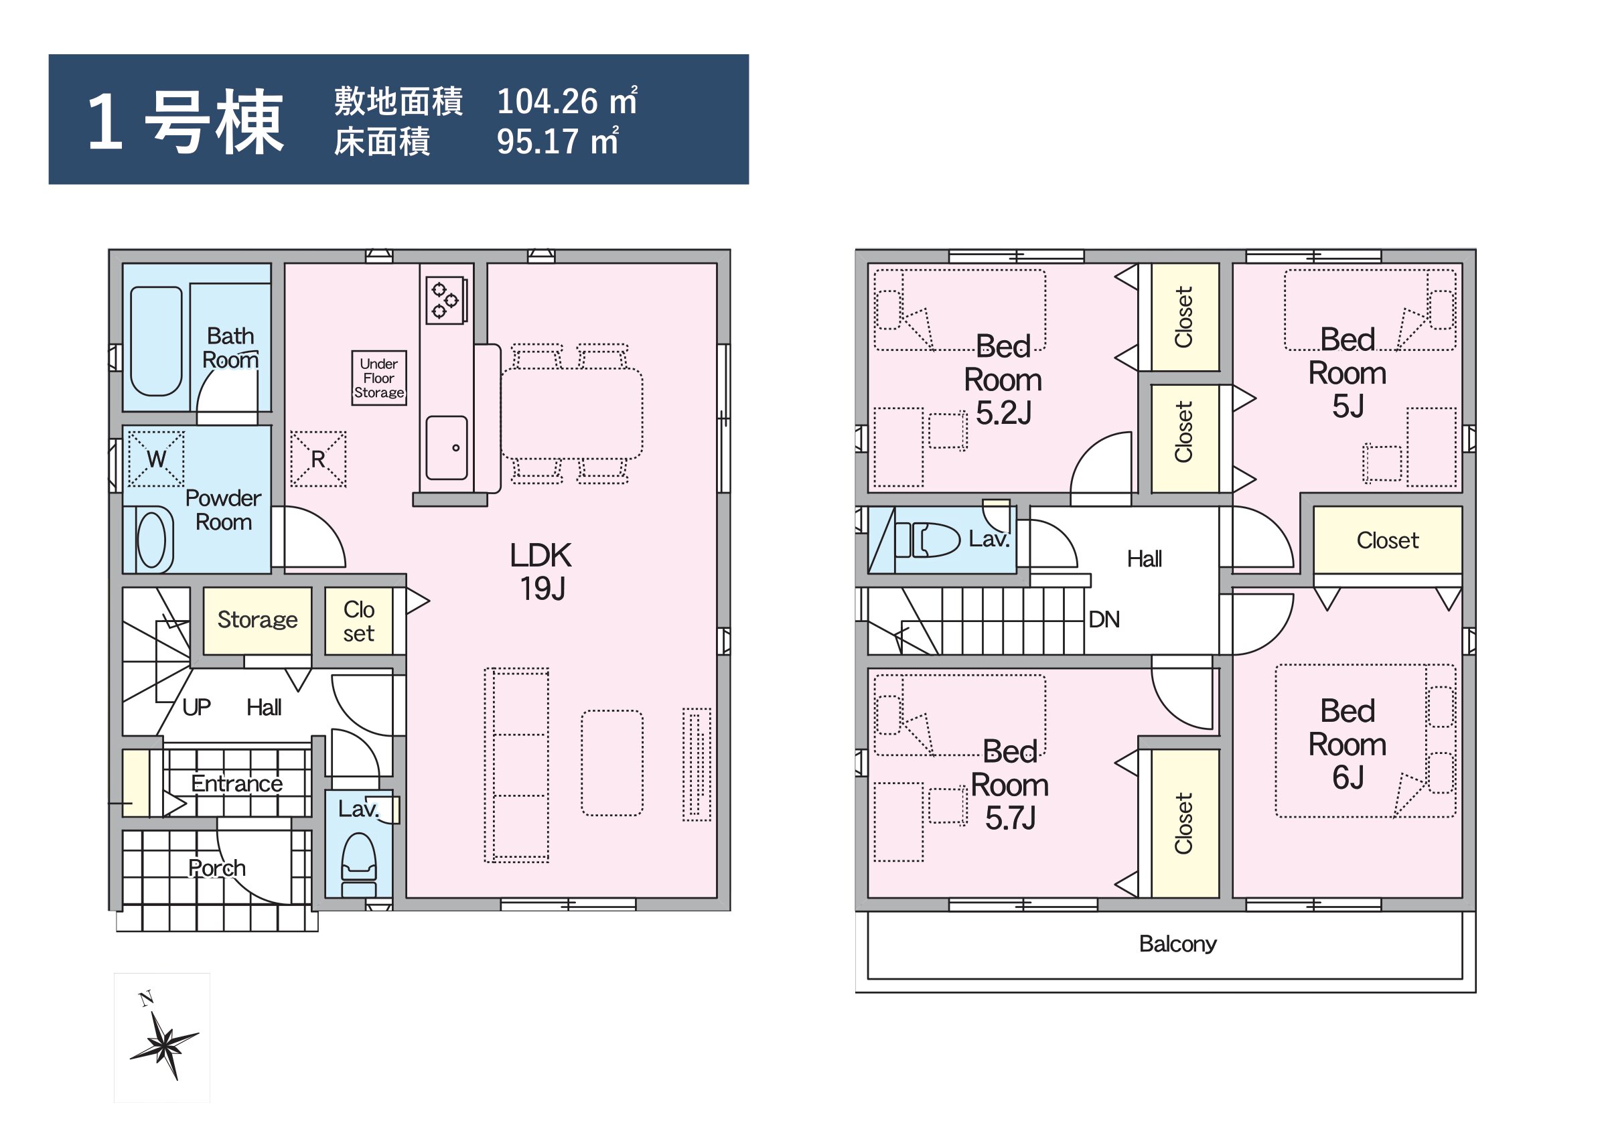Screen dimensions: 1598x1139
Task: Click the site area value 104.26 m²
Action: [x=567, y=101]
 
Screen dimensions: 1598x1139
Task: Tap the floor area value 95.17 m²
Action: [x=558, y=141]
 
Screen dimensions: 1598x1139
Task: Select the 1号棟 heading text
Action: [x=186, y=121]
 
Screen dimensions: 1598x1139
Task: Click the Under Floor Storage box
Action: [x=379, y=378]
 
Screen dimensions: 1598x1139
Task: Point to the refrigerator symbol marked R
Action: [x=317, y=459]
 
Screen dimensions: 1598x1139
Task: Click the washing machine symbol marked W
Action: [x=156, y=459]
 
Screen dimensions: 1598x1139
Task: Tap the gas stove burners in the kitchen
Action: [x=445, y=300]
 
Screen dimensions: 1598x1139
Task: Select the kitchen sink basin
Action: [x=447, y=447]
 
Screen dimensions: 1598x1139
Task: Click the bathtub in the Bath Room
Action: [x=157, y=341]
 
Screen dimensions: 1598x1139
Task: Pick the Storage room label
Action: [x=257, y=619]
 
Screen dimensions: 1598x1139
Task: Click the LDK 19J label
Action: [x=541, y=572]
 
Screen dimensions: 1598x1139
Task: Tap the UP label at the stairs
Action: [x=196, y=707]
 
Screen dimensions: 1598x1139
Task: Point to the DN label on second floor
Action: [x=1104, y=619]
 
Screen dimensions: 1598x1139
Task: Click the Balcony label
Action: [x=1178, y=944]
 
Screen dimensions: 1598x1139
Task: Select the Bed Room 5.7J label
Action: [x=1010, y=785]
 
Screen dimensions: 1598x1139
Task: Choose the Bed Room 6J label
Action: [x=1348, y=744]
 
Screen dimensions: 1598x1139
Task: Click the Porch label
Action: [x=217, y=868]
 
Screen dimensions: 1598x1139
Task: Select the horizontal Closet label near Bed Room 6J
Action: [x=1388, y=540]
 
